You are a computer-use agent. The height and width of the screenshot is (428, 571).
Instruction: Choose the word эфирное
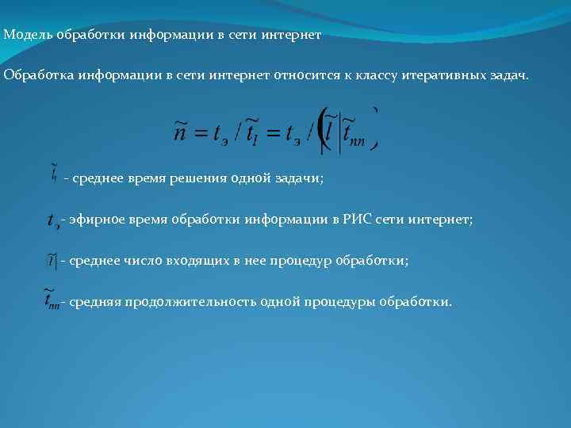point(94,220)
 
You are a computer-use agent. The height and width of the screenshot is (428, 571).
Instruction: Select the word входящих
point(193,260)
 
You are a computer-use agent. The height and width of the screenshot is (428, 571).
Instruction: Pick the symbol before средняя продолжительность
point(51,301)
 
